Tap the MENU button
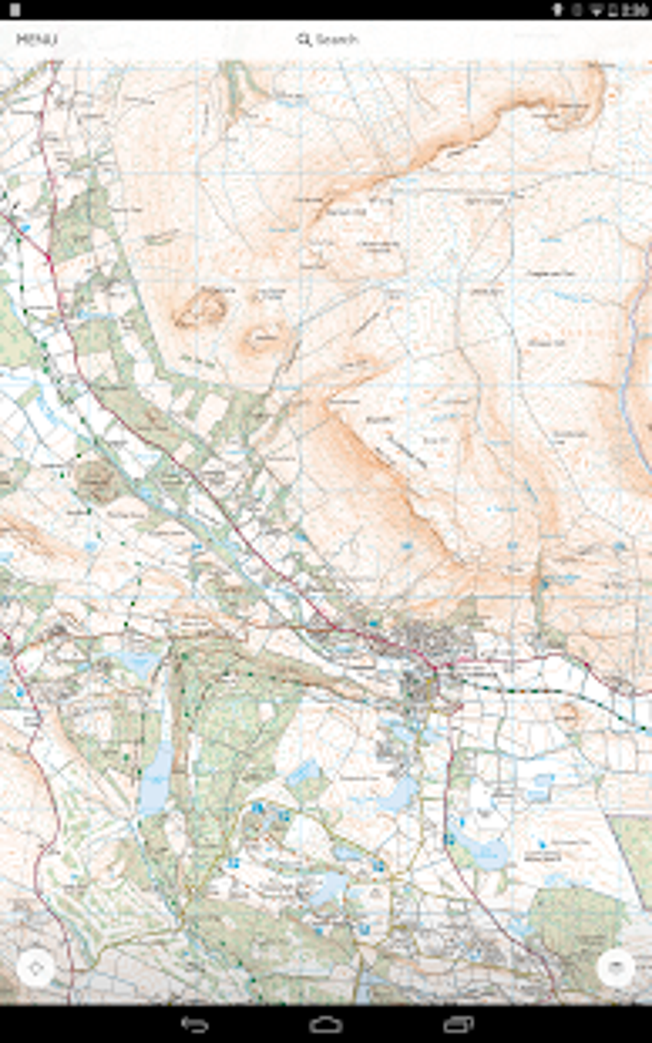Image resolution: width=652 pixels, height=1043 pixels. coord(36,40)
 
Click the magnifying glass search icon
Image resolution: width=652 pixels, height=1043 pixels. coord(304,40)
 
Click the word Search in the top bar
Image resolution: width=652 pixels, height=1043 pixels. coord(337,40)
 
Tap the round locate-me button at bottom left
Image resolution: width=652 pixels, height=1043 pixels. coord(36,968)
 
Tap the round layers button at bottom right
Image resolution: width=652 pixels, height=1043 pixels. coord(616,968)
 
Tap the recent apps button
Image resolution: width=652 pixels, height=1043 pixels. coord(458,1024)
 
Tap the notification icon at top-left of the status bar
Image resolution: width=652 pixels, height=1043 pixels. coord(15,10)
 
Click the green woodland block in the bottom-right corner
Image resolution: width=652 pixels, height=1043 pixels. coord(575,921)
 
